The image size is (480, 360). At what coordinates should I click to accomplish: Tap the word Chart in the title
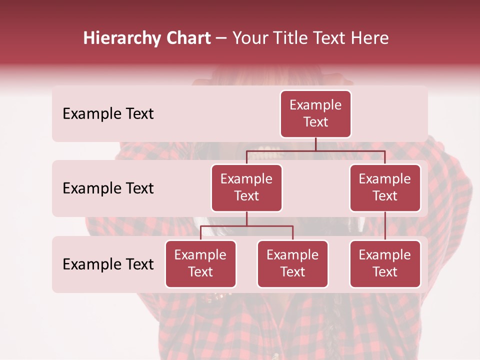click(187, 38)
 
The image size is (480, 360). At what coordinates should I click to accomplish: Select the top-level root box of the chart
click(315, 114)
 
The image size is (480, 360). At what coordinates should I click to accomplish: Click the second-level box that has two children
click(246, 188)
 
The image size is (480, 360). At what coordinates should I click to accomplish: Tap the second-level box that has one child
click(385, 188)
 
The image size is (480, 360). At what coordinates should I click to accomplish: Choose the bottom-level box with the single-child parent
click(385, 264)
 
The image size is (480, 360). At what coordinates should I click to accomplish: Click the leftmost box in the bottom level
click(200, 264)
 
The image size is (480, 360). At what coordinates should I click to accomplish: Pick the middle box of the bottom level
click(292, 264)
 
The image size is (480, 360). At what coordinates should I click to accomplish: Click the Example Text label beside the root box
click(108, 114)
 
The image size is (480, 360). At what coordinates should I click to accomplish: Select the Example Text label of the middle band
click(108, 188)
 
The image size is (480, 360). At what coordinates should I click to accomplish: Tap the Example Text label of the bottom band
click(108, 264)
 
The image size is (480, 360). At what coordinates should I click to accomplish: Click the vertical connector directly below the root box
click(315, 144)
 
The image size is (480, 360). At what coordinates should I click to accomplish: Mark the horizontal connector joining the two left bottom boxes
click(246, 226)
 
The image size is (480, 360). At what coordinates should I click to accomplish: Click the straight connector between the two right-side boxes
click(385, 226)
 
